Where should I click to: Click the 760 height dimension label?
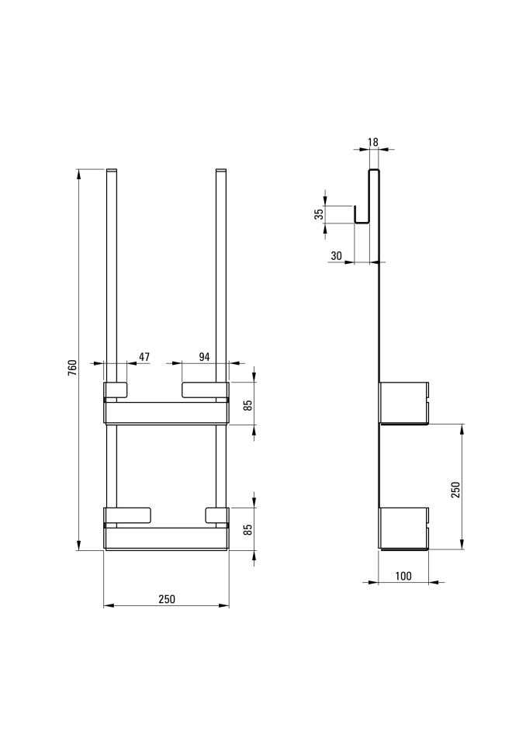coord(72,368)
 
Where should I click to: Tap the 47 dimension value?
coord(144,357)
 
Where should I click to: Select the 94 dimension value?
coord(204,357)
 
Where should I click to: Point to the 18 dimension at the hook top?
coord(373,142)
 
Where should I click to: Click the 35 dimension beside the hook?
coord(320,214)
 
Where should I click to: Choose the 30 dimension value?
coord(337,256)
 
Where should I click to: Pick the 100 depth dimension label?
coord(403,577)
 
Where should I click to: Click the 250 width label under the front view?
coord(167,599)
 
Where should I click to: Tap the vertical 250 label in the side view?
coord(455,490)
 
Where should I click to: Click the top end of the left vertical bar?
coord(111,169)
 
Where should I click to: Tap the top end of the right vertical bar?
coord(221,169)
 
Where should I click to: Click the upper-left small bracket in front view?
coord(116,390)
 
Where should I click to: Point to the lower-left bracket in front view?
coord(127,516)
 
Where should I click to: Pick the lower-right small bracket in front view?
coord(217,516)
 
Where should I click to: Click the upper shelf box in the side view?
coord(403,403)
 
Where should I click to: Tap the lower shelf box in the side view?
coord(403,528)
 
